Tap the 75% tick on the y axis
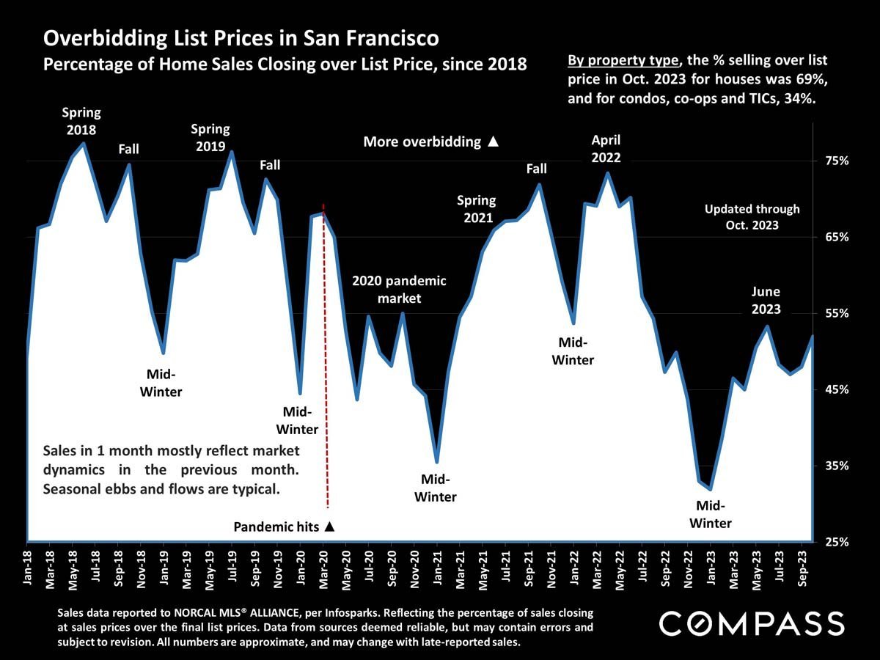coord(832,161)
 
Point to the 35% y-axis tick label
coord(832,466)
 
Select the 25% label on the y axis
coord(832,542)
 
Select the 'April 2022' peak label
coord(606,148)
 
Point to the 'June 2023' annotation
coord(766,300)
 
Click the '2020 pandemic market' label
coord(399,289)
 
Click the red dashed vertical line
coord(326,367)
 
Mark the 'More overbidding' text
coord(430,142)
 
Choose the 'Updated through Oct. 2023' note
coord(752,217)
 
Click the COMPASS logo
coord(752,623)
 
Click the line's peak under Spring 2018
coord(84,144)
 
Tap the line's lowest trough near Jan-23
coord(710,488)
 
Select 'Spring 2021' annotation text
coord(477,208)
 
